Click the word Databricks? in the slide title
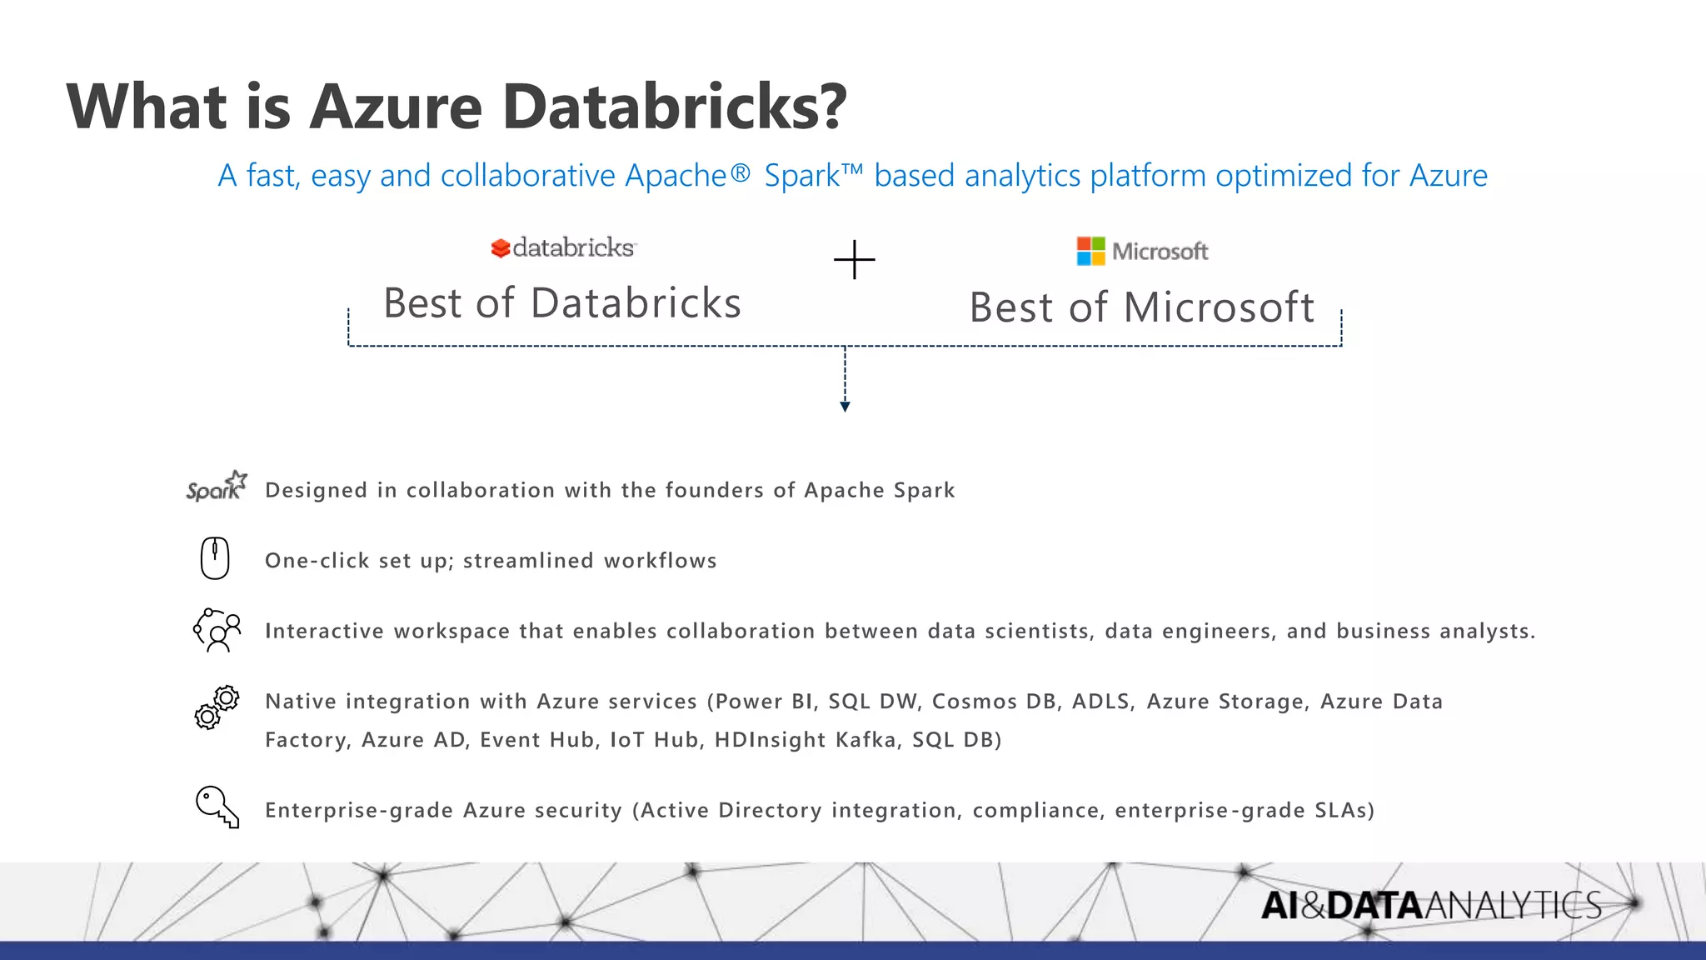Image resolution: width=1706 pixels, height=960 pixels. pos(675,107)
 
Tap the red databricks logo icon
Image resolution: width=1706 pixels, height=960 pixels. pos(500,248)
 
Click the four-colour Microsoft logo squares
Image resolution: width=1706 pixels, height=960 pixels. pos(1090,251)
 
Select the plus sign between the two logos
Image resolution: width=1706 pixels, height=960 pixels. pos(854,260)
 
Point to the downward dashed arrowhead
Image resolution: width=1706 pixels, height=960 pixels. pos(845,407)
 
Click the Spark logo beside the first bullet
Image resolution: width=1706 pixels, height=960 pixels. pos(217,486)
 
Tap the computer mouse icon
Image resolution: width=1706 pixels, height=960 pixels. pos(215,558)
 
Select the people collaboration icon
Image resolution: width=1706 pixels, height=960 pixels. pos(217,630)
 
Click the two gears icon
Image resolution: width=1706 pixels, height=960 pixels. pos(217,707)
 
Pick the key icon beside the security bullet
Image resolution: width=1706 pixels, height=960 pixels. pos(217,807)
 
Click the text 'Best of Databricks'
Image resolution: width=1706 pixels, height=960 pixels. pos(562,302)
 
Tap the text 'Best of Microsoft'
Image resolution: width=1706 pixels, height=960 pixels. pos(1141,307)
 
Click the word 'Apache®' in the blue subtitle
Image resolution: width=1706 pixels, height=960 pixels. pos(687,176)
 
